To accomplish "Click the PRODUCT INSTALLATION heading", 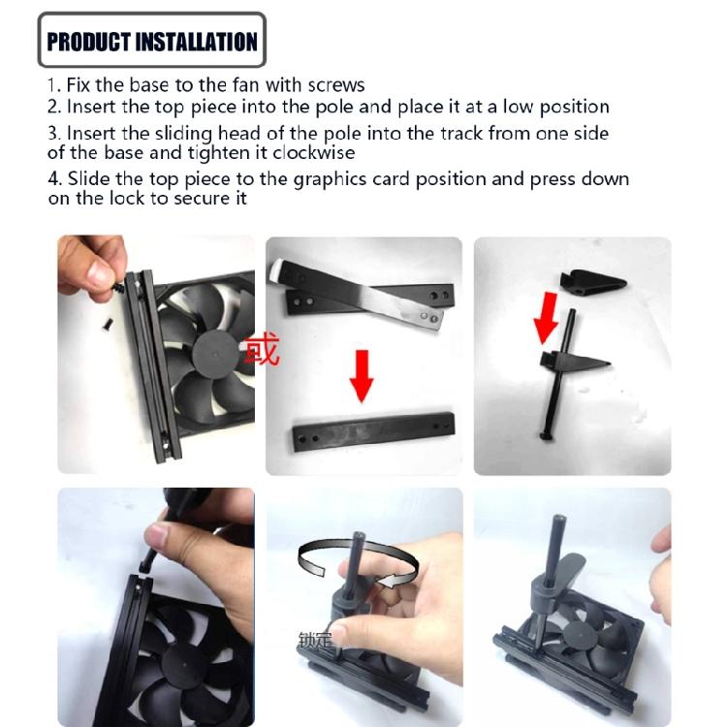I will tap(152, 41).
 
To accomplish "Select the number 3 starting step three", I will tap(53, 133).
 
